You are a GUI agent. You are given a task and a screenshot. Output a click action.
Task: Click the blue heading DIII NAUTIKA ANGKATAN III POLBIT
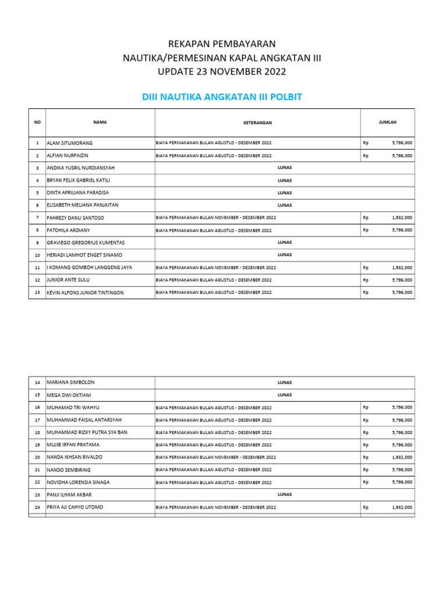tap(222, 97)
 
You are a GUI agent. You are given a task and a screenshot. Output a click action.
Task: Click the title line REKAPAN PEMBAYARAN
tap(222, 44)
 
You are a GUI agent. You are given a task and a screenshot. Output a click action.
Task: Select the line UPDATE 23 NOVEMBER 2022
tap(222, 72)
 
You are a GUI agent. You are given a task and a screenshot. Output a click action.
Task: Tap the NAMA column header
tap(100, 122)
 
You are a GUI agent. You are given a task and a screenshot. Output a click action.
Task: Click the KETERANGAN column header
tap(257, 123)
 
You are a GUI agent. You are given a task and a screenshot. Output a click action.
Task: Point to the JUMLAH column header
tap(388, 122)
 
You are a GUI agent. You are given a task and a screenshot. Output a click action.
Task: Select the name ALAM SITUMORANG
tap(69, 143)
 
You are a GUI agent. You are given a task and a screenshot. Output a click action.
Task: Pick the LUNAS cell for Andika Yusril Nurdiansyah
tap(285, 168)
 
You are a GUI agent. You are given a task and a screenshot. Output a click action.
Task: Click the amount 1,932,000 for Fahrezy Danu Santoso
tap(402, 218)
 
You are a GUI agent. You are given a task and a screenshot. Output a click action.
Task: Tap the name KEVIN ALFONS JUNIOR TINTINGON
tap(85, 293)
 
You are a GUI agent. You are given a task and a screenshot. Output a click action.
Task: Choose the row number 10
tap(37, 255)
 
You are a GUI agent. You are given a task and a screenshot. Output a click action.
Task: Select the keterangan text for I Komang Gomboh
tap(216, 268)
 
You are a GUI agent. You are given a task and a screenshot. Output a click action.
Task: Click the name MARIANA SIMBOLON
tap(70, 382)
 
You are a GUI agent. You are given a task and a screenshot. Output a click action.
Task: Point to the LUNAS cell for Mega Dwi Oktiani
tap(285, 395)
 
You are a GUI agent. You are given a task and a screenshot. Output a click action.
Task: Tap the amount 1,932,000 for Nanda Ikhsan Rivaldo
tap(402, 457)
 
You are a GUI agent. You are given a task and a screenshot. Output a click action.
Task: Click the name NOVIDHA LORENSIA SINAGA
tap(78, 483)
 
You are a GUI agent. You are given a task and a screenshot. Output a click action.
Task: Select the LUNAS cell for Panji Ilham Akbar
tap(285, 495)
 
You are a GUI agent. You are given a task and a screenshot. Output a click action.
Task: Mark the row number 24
tap(37, 508)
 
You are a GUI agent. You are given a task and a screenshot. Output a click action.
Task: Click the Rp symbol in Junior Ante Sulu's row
tap(366, 280)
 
